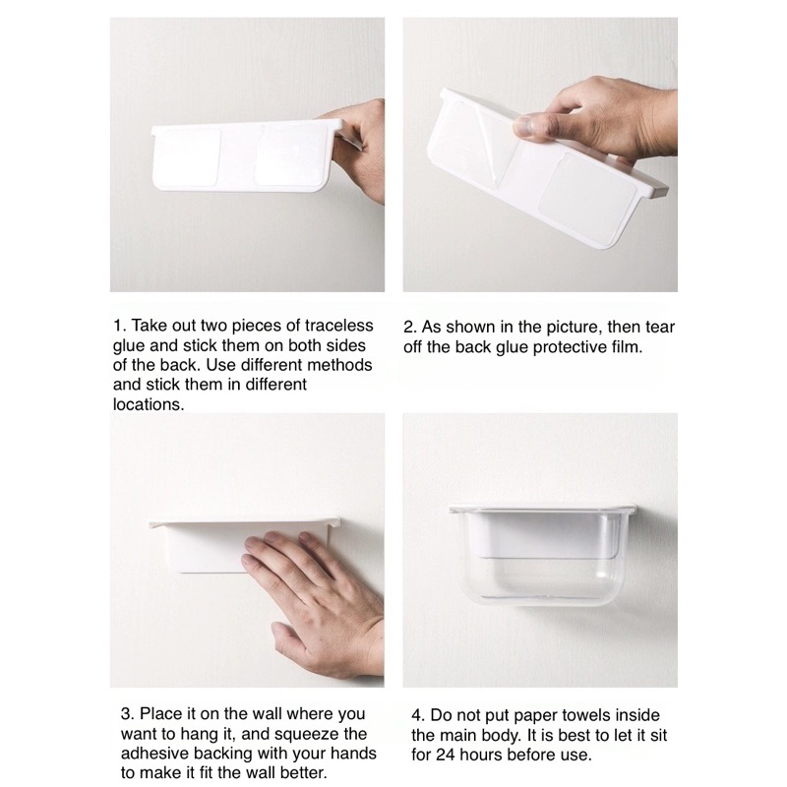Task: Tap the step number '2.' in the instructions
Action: [410, 328]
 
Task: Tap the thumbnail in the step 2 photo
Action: [523, 128]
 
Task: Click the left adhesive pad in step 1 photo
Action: [188, 156]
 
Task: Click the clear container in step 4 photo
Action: [542, 556]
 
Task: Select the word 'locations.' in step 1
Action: [149, 404]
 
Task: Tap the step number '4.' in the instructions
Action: [417, 716]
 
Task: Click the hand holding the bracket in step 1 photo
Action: [357, 149]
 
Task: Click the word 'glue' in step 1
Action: [127, 346]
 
